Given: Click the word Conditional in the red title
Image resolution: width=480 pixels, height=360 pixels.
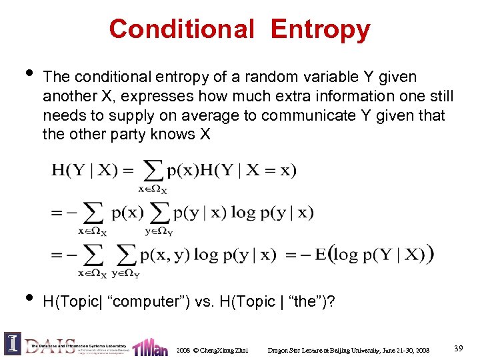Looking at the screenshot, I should click(x=181, y=30).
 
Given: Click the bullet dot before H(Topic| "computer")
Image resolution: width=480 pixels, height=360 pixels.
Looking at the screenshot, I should click(x=25, y=296).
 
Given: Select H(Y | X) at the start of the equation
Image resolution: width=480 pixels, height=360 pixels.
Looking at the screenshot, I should click(x=84, y=170).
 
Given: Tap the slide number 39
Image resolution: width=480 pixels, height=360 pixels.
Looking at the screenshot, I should click(x=459, y=348).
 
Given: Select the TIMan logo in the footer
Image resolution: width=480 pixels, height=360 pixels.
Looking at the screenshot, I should click(x=149, y=347).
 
